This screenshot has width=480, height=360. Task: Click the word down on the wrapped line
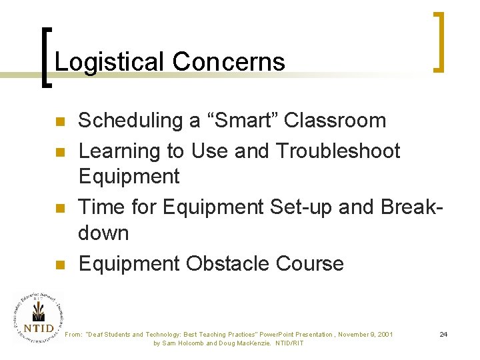103,233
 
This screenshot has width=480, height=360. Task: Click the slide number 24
443,333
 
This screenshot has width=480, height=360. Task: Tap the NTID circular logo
38,319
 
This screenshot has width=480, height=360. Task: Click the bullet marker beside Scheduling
59,122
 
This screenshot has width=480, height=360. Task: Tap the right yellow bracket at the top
439,41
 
